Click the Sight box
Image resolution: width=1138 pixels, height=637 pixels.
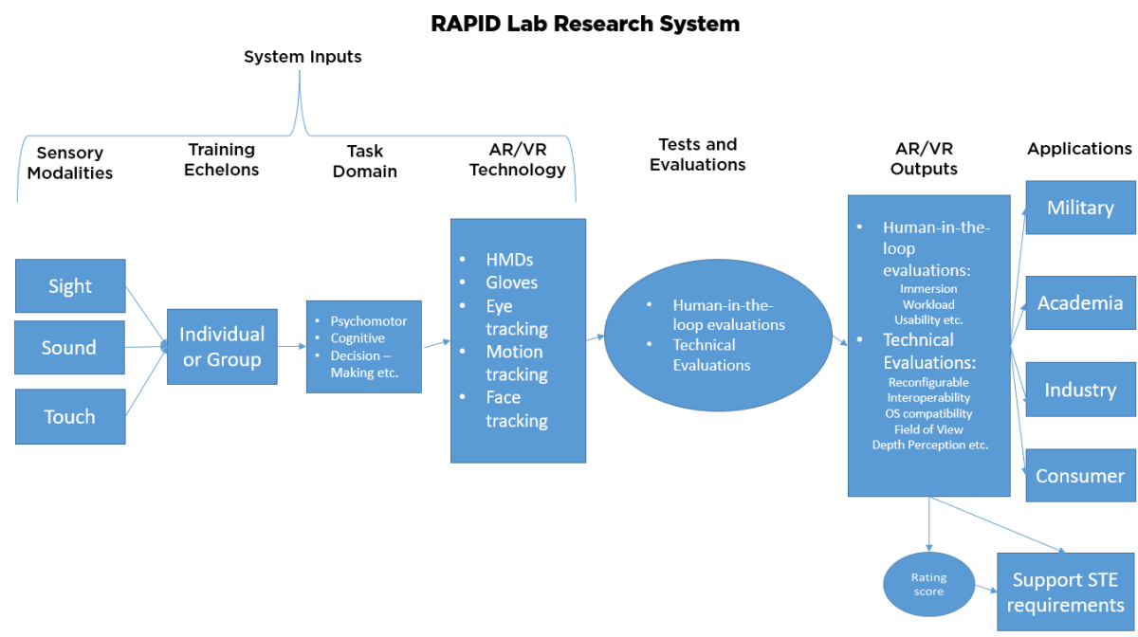[x=70, y=286]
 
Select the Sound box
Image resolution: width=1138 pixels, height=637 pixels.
[x=70, y=348]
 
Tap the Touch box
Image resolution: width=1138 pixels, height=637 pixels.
[x=70, y=417]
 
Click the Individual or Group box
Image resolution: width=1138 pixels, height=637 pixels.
[x=222, y=347]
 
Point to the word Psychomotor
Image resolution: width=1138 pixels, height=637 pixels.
[x=368, y=321]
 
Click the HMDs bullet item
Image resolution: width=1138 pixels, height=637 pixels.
[x=511, y=260]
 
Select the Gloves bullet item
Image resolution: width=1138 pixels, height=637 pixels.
[x=511, y=282]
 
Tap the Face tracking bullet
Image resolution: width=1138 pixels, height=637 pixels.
[x=516, y=409]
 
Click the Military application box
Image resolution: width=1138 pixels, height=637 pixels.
[x=1080, y=208]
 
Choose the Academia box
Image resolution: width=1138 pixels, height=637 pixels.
[x=1080, y=303]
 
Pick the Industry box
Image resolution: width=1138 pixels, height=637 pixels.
[x=1080, y=390]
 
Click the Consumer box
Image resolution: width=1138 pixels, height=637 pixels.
[x=1080, y=476]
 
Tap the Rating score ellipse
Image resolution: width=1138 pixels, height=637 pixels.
[x=928, y=584]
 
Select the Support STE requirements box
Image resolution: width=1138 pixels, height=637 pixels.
[x=1064, y=592]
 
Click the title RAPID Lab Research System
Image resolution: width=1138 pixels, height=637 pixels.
[x=585, y=24]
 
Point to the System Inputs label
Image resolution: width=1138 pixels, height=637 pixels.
[x=303, y=57]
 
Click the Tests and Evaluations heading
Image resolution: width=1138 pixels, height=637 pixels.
[x=697, y=155]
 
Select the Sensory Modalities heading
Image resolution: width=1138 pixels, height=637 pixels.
[x=70, y=163]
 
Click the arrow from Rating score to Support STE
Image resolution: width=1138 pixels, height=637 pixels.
[x=985, y=588]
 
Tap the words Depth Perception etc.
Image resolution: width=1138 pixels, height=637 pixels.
[x=929, y=445]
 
